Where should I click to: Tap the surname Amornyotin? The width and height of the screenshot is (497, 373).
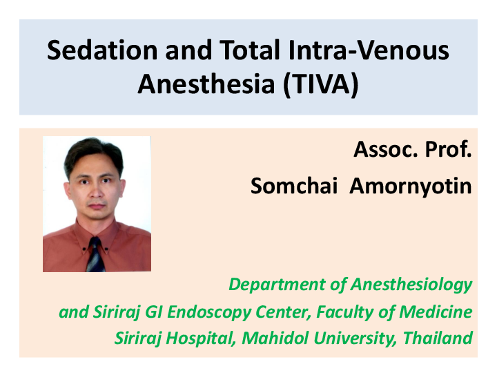point(411,186)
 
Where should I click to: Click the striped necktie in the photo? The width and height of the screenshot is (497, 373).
point(95,256)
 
